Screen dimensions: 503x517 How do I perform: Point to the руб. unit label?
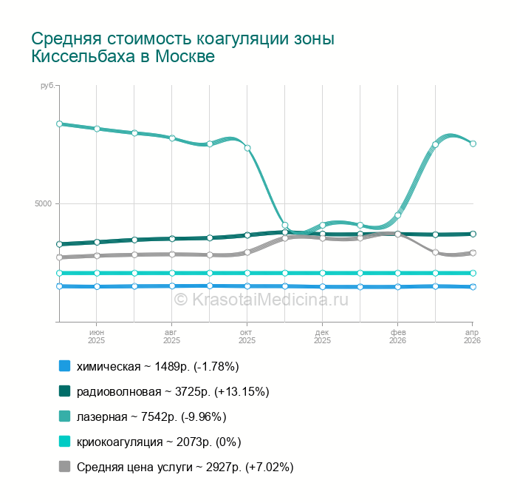point(48,87)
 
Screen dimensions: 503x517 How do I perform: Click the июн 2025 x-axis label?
point(97,337)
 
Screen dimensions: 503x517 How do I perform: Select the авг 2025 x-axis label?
point(171,337)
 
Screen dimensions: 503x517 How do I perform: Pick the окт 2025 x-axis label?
point(247,337)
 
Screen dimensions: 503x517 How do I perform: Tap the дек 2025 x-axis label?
point(322,337)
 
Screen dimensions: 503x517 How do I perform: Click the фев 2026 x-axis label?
point(397,337)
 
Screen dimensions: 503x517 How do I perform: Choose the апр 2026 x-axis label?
point(472,337)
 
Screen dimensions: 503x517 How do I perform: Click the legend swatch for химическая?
point(64,366)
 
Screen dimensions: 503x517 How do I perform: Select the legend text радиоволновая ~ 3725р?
point(173,391)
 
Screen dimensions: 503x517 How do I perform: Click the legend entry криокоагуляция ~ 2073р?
point(159,442)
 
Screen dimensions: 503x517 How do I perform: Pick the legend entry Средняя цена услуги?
point(185,467)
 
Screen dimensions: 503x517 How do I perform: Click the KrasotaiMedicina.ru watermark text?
point(261,299)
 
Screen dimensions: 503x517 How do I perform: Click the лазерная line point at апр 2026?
point(473,144)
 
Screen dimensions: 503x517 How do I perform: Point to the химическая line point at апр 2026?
point(473,287)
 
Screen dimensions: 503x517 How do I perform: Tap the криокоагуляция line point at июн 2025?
point(97,273)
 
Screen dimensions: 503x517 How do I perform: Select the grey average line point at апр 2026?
point(473,253)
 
